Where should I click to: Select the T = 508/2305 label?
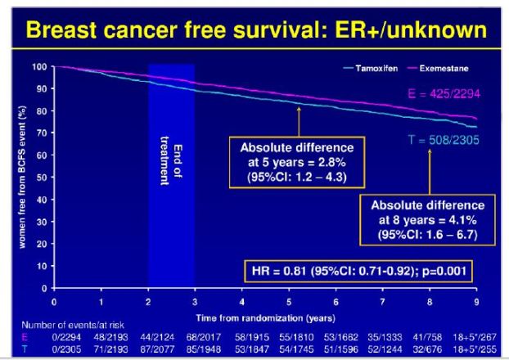pyautogui.click(x=443, y=140)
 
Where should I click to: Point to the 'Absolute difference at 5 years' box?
pyautogui.click(x=296, y=160)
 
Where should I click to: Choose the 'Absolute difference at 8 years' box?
pyautogui.click(x=427, y=218)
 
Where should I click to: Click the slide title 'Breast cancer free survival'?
pyautogui.click(x=254, y=31)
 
